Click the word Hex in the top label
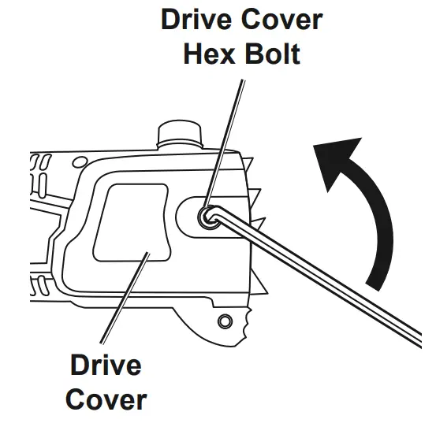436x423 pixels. pos(209,54)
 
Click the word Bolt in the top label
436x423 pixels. pos(273,54)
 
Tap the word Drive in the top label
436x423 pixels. pos(196,19)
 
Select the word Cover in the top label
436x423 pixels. pos(282,19)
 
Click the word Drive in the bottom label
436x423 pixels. pos(106,365)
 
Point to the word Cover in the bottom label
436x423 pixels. pos(106,399)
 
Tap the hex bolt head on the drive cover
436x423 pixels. pos(209,217)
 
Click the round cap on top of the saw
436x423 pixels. pos(180,134)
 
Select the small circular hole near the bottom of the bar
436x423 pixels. pos(225,321)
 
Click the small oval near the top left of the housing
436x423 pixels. pos(80,162)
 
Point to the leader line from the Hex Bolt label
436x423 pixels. pos(224,143)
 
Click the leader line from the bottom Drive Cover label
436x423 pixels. pos(125,298)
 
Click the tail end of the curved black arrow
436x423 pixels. pos(373,287)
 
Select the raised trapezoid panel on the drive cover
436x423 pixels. pos(132,222)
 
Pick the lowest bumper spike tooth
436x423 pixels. pos(260,285)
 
